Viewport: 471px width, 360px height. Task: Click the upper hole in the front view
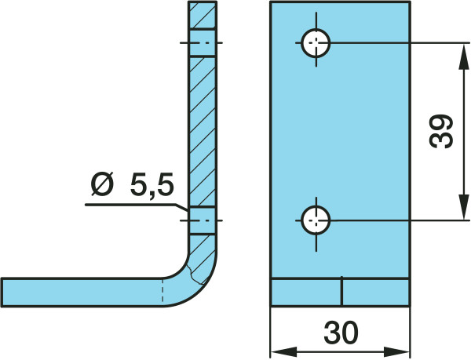coord(316,43)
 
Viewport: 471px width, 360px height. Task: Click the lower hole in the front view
coord(316,220)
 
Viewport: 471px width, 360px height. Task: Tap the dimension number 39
coord(441,132)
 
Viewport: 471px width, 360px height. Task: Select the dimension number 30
coord(341,333)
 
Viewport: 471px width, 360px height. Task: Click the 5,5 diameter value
coord(152,184)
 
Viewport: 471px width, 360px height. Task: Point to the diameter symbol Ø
coord(103,184)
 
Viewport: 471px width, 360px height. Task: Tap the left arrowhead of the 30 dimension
coord(284,351)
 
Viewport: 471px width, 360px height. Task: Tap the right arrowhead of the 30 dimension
coord(396,351)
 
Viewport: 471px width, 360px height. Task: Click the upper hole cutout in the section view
coord(203,43)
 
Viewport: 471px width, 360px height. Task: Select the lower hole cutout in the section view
coord(203,220)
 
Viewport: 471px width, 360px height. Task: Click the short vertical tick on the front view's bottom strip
coord(341,291)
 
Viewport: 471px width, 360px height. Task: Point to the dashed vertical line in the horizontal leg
coord(162,291)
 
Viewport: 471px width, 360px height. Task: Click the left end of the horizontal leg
coord(2,293)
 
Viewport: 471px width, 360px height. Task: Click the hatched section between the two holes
coord(203,132)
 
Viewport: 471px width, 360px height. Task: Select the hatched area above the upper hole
coord(203,15)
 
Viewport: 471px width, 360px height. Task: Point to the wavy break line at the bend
coord(195,275)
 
